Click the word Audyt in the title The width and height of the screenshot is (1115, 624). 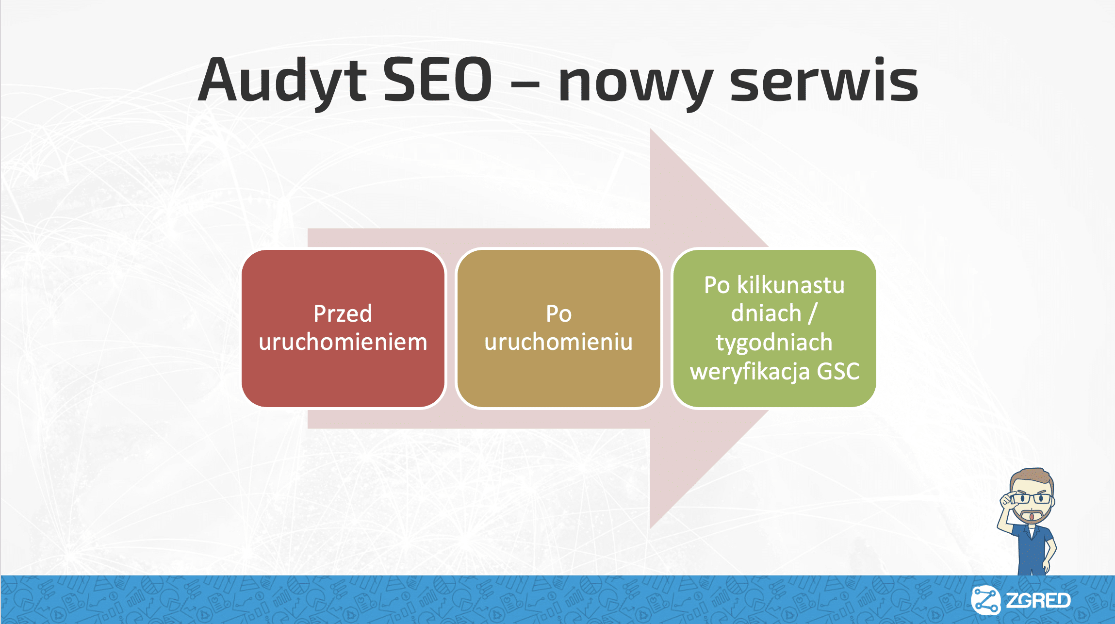(x=282, y=81)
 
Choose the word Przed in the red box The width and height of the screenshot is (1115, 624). (x=343, y=313)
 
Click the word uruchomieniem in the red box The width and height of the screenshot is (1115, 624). (x=343, y=342)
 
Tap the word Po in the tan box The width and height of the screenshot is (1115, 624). (x=559, y=313)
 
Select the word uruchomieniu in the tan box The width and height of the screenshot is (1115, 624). (x=558, y=342)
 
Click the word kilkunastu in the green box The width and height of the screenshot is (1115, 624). (x=791, y=284)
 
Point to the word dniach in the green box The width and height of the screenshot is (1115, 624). (x=766, y=313)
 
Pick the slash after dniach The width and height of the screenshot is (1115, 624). (x=813, y=313)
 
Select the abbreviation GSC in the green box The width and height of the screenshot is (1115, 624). (x=838, y=371)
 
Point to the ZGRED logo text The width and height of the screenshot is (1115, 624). (x=1038, y=601)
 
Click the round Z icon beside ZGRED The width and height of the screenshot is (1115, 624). (x=985, y=600)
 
